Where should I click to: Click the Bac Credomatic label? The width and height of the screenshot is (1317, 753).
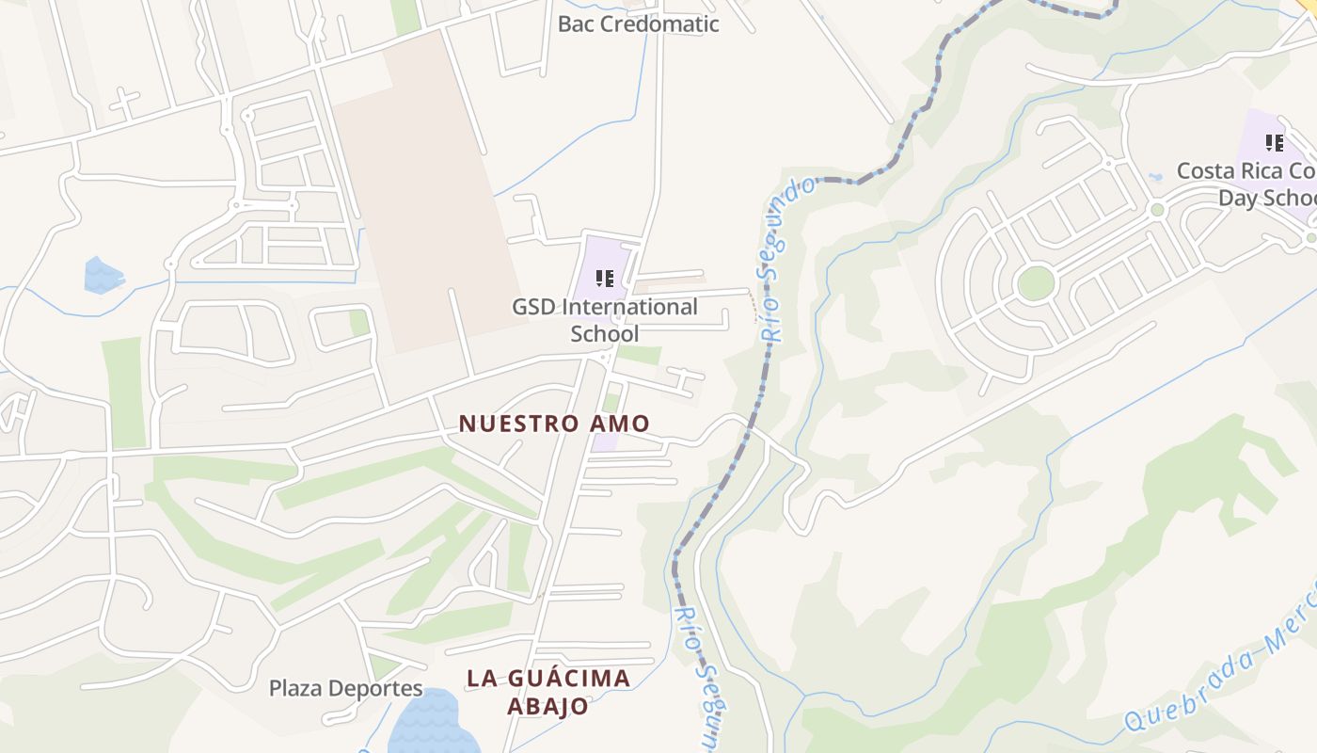[638, 24]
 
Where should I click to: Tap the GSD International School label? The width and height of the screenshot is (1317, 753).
[605, 320]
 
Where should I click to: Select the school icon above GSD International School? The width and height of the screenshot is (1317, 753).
[605, 279]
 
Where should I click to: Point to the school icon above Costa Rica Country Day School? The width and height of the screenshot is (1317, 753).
[1275, 143]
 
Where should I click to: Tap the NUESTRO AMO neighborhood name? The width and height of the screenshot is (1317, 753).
[554, 424]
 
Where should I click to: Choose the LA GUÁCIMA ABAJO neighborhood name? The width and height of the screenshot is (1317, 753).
[548, 692]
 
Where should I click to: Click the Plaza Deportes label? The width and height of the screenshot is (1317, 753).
[345, 688]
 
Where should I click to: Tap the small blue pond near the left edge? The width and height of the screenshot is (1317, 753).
[102, 275]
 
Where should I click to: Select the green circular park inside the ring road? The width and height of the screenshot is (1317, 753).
[1035, 283]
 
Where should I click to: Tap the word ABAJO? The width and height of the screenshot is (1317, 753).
[548, 706]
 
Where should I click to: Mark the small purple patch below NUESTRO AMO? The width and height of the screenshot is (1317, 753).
[605, 441]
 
